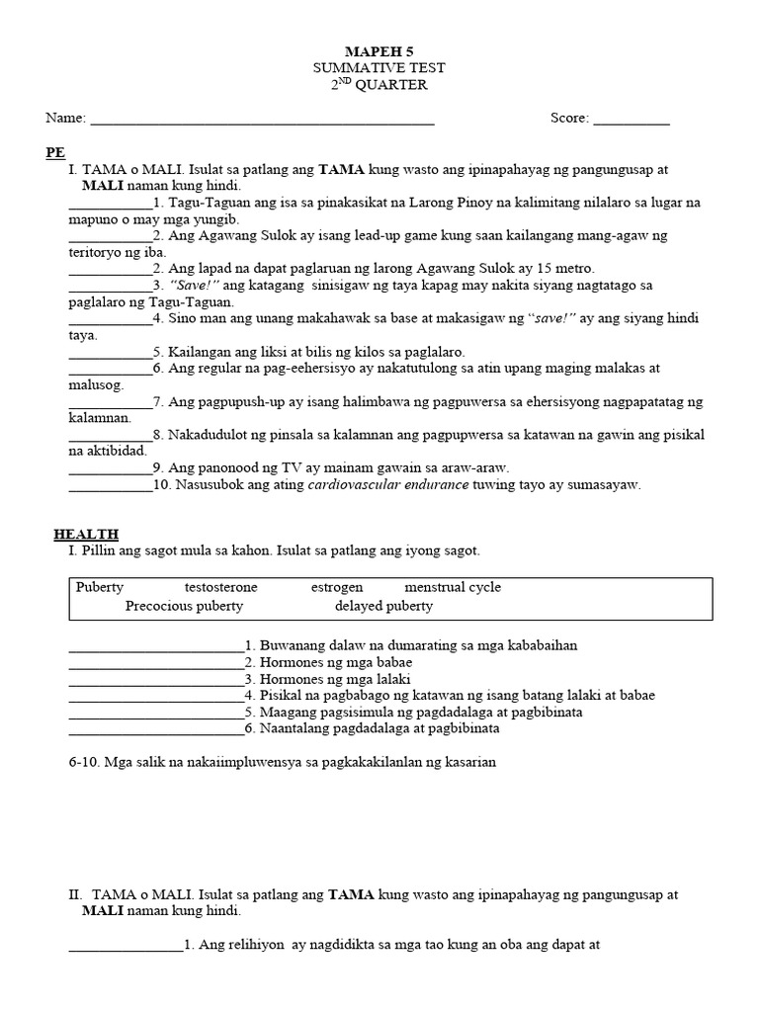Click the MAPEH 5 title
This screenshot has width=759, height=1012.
[379, 50]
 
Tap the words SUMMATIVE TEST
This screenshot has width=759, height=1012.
[379, 67]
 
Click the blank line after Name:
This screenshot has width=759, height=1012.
[262, 120]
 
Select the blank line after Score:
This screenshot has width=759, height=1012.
[632, 120]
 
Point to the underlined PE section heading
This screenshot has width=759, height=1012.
[55, 153]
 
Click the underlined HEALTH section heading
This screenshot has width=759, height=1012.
[86, 534]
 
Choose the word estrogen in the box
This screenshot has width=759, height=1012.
[337, 587]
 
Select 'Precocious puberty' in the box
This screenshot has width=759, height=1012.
[184, 606]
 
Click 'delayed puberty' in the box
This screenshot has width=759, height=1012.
[383, 606]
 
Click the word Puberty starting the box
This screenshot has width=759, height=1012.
[100, 587]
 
